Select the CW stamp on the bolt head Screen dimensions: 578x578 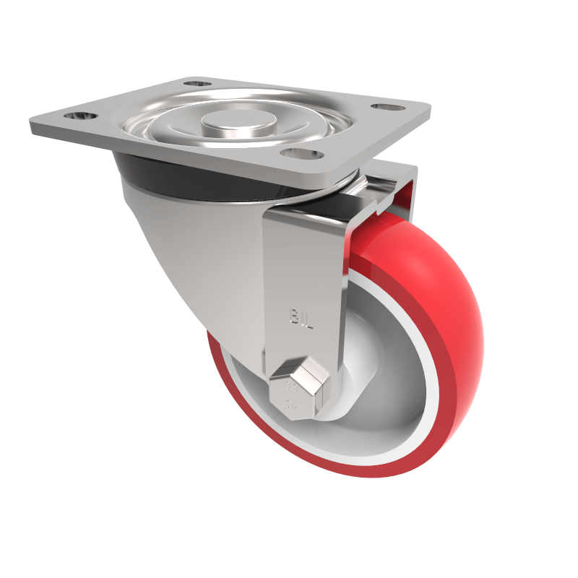[x=293, y=405]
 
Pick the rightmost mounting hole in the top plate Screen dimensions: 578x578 [x=386, y=108]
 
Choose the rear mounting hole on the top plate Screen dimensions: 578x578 [x=193, y=85]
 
